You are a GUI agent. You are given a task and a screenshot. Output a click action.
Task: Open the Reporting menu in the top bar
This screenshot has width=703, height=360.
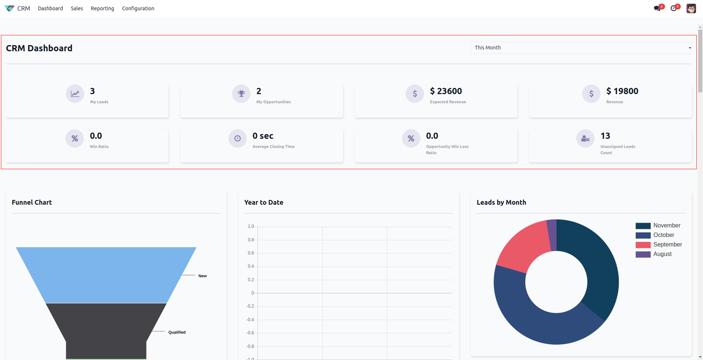(102, 8)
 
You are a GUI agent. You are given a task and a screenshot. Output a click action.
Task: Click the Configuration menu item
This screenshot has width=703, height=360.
(138, 8)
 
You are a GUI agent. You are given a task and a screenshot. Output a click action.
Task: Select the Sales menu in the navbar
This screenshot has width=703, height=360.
(77, 8)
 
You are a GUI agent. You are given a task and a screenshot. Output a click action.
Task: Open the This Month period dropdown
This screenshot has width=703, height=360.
(581, 48)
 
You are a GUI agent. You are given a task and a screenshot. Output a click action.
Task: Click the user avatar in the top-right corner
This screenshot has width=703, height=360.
(691, 8)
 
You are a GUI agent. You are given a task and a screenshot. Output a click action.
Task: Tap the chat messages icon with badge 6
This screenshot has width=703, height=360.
(658, 8)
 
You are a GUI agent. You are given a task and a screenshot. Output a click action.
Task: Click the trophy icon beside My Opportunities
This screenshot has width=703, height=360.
(241, 94)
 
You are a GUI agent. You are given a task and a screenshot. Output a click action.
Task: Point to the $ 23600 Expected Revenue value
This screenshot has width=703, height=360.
(446, 91)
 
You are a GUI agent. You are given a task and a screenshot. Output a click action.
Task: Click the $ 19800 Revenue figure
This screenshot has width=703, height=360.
(622, 91)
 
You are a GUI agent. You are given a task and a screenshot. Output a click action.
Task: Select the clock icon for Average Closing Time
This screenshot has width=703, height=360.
(238, 138)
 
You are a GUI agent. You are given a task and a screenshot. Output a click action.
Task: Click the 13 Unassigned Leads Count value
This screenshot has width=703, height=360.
(605, 136)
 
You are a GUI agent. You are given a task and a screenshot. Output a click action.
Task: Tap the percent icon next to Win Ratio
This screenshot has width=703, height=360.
(75, 138)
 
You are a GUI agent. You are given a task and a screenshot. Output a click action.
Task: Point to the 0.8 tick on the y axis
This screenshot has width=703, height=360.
(251, 240)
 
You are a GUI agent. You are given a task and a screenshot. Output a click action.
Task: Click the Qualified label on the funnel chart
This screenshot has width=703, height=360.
(177, 332)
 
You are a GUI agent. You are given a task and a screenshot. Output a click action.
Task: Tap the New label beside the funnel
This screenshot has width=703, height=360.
(202, 276)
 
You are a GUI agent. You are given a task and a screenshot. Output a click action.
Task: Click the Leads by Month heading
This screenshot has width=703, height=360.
(501, 203)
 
